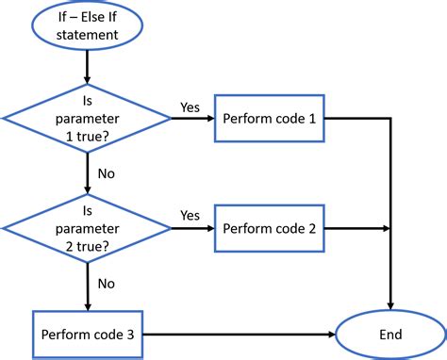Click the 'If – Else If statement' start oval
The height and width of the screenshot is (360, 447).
pyautogui.click(x=87, y=26)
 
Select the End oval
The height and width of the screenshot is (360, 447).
pyautogui.click(x=390, y=335)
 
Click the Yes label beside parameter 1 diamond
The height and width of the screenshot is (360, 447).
pyautogui.click(x=190, y=106)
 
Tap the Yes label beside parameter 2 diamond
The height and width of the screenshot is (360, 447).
pyautogui.click(x=190, y=215)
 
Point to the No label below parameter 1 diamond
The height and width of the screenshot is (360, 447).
pyautogui.click(x=107, y=173)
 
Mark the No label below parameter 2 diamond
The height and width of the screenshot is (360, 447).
pyautogui.click(x=107, y=282)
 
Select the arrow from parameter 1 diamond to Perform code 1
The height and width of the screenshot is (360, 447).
pyautogui.click(x=192, y=120)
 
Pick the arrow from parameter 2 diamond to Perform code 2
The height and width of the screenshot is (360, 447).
pyautogui.click(x=192, y=228)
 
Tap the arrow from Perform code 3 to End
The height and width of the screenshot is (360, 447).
pyautogui.click(x=240, y=335)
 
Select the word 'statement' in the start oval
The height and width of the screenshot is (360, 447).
pyautogui.click(x=87, y=36)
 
